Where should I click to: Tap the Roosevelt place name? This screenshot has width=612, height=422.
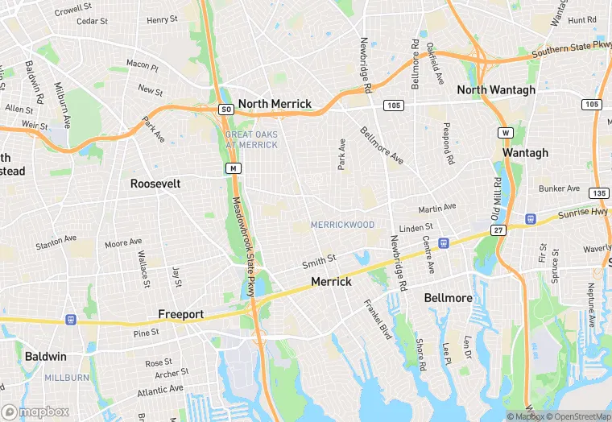[x=155, y=184]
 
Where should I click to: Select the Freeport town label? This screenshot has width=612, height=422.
[x=181, y=314]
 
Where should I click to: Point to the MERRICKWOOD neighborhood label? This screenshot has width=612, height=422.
[x=343, y=225]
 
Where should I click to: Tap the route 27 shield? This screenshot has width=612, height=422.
[x=499, y=230]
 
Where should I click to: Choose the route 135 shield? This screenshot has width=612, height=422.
[x=598, y=193]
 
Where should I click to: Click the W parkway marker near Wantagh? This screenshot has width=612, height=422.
[x=505, y=132]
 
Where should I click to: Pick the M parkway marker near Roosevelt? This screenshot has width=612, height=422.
[x=233, y=168]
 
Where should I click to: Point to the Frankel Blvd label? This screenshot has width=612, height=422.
[x=377, y=319]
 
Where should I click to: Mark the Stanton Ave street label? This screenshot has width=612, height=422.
[x=56, y=240]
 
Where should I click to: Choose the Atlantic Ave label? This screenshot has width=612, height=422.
[x=160, y=391]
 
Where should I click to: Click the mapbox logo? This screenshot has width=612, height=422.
[x=35, y=412]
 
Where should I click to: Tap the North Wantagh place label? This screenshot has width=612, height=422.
[x=496, y=90]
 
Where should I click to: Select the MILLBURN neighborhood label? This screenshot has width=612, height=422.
[x=67, y=377]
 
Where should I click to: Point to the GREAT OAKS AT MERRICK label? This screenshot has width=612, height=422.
[x=251, y=139]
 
